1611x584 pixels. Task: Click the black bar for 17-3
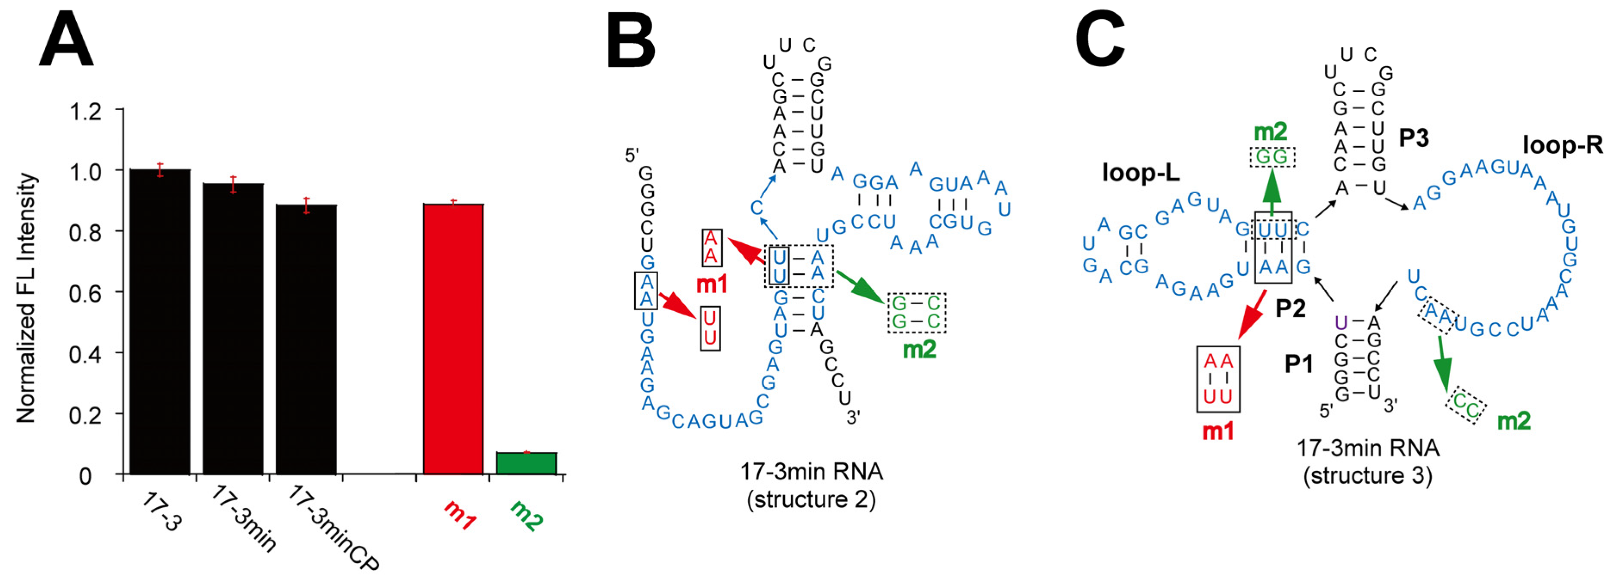160,322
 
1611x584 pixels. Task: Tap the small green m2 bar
526,463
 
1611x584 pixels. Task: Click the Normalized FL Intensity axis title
26,298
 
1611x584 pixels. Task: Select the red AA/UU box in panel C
1218,379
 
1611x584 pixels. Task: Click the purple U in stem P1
1340,323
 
